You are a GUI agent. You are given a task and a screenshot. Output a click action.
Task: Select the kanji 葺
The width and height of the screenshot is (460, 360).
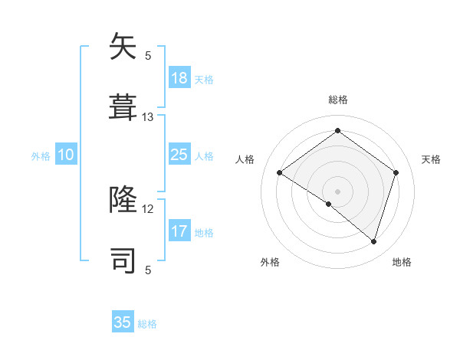tap(123, 106)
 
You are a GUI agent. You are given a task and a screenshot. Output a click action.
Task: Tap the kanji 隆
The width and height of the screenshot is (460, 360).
tap(123, 200)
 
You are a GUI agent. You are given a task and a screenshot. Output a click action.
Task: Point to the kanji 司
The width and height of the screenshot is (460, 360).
tap(123, 260)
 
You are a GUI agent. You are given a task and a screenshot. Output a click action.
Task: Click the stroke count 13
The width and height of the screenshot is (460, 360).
tap(148, 117)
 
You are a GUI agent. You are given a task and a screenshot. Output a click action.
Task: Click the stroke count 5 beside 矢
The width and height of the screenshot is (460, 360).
tap(148, 55)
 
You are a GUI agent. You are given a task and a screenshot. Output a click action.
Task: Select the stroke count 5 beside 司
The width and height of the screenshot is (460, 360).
tap(148, 270)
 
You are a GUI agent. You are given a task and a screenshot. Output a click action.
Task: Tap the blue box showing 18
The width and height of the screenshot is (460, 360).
tap(179, 78)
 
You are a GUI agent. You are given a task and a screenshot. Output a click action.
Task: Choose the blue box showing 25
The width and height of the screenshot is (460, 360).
tap(179, 155)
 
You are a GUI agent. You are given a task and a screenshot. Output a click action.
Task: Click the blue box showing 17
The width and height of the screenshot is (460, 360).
tap(179, 231)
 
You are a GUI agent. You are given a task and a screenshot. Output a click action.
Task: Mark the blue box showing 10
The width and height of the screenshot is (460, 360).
tap(66, 155)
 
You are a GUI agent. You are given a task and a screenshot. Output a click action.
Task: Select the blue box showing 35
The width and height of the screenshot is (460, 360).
tap(123, 322)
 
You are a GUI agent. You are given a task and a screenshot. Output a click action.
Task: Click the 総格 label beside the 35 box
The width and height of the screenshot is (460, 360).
tap(147, 324)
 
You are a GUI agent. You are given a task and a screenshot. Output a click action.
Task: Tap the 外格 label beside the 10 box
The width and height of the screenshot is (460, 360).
tap(41, 156)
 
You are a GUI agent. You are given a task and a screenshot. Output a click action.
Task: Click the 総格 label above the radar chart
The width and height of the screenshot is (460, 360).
tap(337, 100)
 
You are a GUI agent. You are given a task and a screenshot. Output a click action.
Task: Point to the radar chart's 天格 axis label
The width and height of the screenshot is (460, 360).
tap(431, 159)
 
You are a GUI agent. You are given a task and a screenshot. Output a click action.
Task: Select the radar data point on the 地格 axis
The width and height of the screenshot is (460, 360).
tap(373, 241)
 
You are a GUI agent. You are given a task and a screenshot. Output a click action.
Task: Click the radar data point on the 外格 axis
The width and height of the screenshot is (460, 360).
tap(329, 204)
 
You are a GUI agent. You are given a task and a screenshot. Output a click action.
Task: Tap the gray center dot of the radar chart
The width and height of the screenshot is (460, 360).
tap(337, 191)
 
